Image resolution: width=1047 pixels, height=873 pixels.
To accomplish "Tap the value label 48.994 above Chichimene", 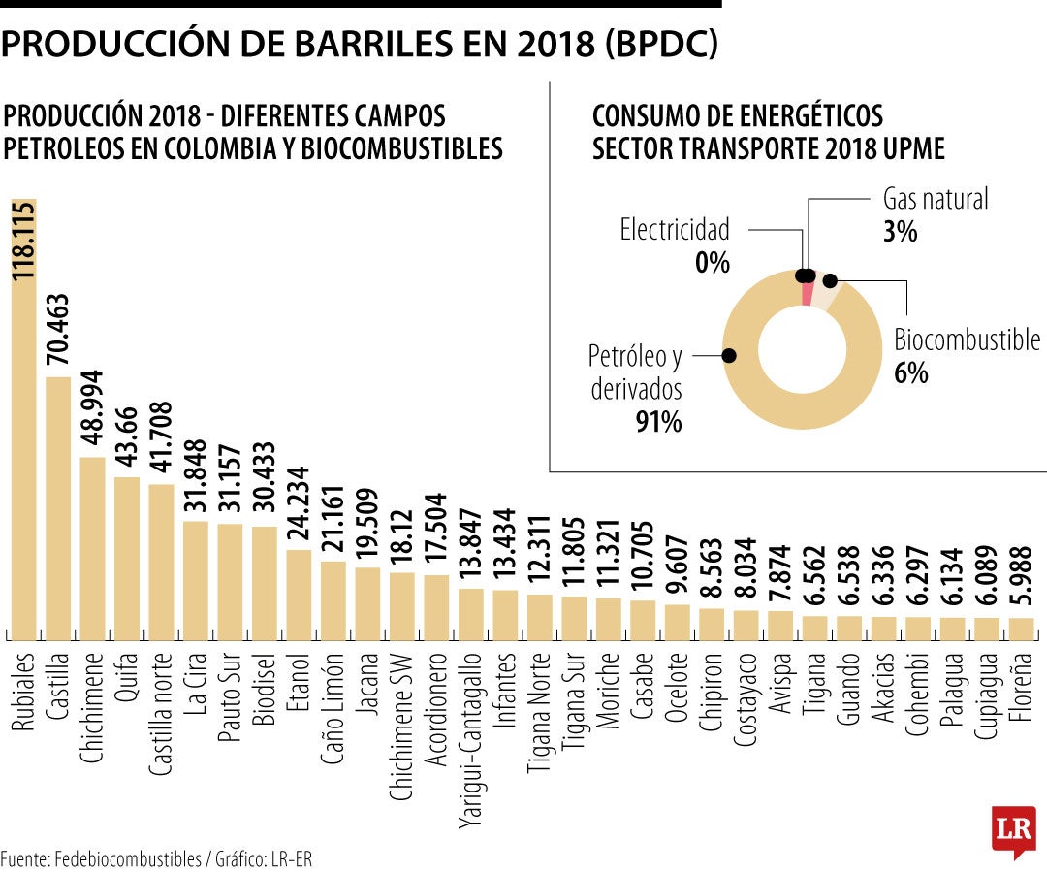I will [93, 407].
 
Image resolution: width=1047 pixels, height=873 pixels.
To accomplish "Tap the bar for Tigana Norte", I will [540, 617].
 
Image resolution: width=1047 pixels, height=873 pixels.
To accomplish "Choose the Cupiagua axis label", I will [987, 698].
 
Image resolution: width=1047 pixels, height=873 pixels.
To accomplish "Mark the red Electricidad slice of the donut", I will [808, 290].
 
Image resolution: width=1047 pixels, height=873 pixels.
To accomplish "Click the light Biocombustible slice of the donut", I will [826, 292].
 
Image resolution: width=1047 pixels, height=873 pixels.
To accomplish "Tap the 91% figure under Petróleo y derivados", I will [659, 422].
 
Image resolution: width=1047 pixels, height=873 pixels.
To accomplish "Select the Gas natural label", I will [936, 200].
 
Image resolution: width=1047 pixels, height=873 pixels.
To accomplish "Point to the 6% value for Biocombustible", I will [911, 372].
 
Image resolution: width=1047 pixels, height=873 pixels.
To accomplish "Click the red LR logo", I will [1013, 830].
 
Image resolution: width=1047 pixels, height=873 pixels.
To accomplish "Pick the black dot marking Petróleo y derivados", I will [729, 356].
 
